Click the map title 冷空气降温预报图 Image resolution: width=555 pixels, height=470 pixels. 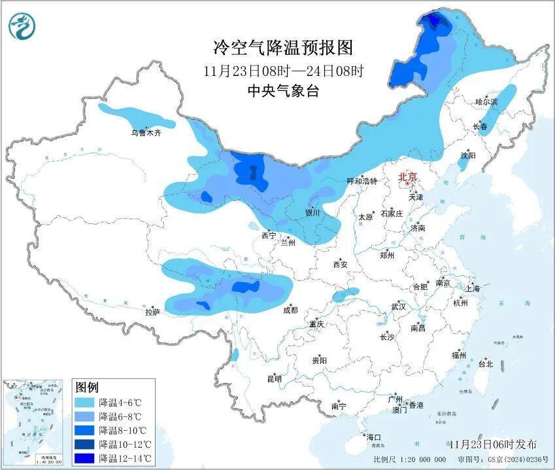(x=282, y=47)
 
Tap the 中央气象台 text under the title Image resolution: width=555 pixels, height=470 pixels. (x=282, y=92)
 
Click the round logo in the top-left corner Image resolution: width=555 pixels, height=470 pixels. (x=22, y=26)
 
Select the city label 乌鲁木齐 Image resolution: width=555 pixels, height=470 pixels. (x=145, y=133)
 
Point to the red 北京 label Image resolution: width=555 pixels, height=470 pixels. (x=408, y=177)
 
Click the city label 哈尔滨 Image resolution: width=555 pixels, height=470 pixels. (x=486, y=102)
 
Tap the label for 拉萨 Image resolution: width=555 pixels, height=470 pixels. (x=152, y=312)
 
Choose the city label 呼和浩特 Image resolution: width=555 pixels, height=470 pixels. (x=362, y=181)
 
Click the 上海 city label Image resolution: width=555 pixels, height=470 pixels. (x=472, y=289)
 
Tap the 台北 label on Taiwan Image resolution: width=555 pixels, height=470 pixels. (x=486, y=363)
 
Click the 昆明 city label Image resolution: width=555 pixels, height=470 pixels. (x=274, y=378)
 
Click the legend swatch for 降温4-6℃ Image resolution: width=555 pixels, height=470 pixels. (x=85, y=402)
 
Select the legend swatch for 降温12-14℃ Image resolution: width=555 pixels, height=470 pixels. (x=85, y=459)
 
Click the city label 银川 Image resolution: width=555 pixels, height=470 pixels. (x=312, y=213)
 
